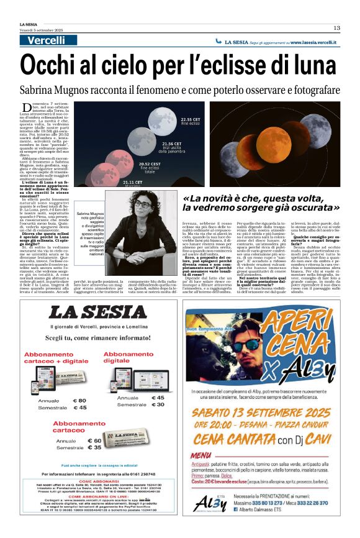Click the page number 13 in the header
coord(336,27)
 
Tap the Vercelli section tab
coord(47,41)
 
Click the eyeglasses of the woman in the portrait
coord(143,204)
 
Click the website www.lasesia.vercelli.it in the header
coord(313,42)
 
